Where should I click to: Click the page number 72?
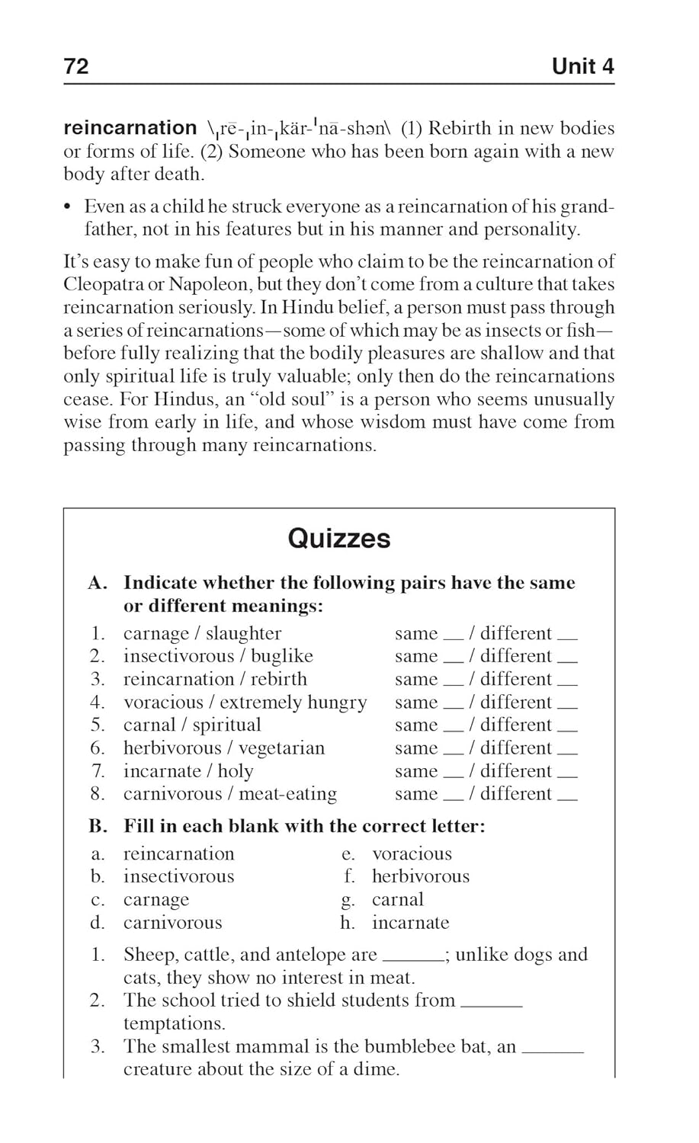(76, 66)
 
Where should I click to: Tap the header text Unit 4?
(582, 66)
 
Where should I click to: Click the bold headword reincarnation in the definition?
(130, 128)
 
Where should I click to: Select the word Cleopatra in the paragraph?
(107, 284)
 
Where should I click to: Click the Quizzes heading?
(339, 539)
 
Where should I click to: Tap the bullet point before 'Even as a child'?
(68, 207)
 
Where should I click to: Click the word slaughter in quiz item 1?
(243, 633)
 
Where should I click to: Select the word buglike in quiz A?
(282, 656)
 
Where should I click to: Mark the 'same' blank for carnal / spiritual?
(454, 729)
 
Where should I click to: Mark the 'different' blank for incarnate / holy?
(568, 775)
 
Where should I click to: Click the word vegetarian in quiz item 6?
(281, 748)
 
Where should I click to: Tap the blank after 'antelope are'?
(412, 959)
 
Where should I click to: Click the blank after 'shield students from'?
(492, 1005)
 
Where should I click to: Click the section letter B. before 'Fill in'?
(98, 826)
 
